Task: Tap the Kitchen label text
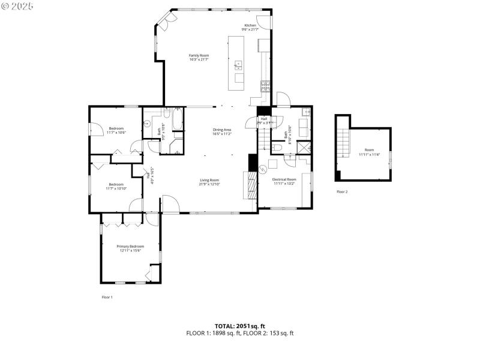pos(250,25)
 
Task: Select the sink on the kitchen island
pos(239,64)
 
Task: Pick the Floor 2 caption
pos(341,192)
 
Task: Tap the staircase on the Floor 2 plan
pos(343,144)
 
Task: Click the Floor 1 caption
pos(107,297)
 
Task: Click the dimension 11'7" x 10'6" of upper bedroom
pos(116,133)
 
